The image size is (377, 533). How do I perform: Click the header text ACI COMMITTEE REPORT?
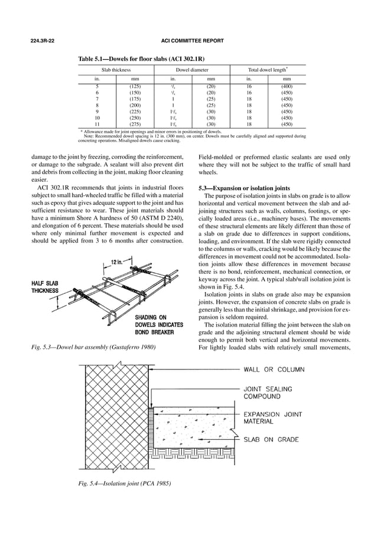[188, 41]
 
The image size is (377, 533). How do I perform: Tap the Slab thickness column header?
[116, 70]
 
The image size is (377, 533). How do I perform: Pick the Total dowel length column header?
[269, 70]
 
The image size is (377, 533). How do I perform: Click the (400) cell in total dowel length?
[287, 87]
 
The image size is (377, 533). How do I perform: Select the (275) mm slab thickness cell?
[135, 125]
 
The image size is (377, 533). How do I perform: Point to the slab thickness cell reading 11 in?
[97, 125]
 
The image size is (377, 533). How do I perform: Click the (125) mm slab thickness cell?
[135, 87]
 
